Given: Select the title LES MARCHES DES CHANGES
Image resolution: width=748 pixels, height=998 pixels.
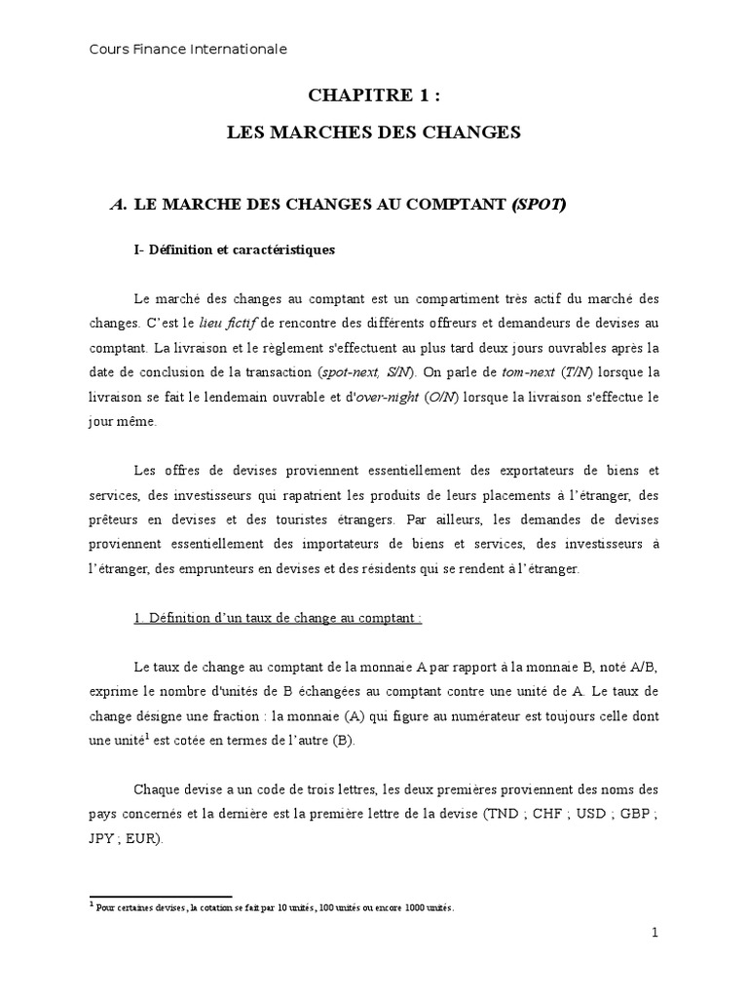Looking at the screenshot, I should [x=374, y=132].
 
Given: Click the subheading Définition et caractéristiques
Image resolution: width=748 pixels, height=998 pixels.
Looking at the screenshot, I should [x=234, y=249].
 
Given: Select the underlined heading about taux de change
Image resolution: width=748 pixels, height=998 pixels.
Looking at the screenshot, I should [x=278, y=619].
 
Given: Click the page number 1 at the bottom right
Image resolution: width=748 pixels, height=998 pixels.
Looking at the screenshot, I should [x=654, y=933].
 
